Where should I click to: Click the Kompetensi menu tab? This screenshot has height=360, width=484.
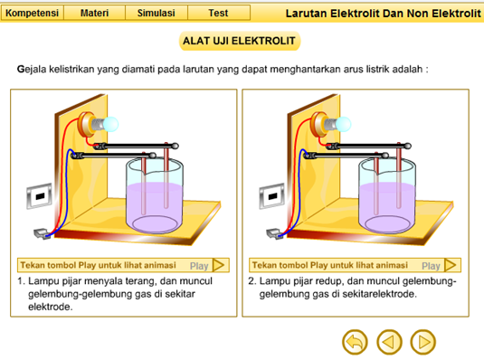click(x=32, y=13)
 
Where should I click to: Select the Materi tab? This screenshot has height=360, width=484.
click(x=94, y=13)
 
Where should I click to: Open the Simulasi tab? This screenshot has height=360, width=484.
click(x=157, y=13)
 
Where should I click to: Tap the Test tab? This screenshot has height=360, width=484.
click(x=219, y=13)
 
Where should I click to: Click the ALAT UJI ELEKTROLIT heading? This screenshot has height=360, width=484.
click(x=239, y=41)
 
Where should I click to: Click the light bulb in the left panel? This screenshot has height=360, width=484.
click(x=110, y=124)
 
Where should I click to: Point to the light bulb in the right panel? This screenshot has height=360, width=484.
click(x=343, y=124)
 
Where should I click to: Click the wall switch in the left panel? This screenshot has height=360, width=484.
click(x=39, y=195)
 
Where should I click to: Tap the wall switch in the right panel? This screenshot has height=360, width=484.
click(x=272, y=195)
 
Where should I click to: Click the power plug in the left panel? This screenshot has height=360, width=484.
click(x=41, y=233)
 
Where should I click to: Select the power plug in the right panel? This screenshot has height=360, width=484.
click(x=273, y=233)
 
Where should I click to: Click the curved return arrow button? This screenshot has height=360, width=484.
click(x=355, y=342)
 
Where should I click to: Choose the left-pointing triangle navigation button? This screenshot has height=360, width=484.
click(x=389, y=342)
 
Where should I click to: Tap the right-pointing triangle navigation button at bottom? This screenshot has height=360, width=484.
click(x=423, y=342)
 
